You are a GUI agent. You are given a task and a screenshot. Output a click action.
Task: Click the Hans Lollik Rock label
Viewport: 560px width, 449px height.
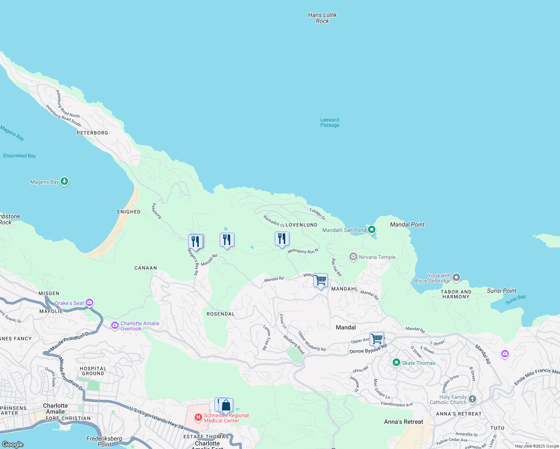point(322,18)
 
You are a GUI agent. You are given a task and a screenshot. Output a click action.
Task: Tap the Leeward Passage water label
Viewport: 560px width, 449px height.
point(329,122)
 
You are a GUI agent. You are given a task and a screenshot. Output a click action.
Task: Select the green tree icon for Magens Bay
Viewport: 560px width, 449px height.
point(64,181)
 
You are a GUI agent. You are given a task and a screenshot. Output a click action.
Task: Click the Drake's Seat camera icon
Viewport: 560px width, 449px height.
point(89,303)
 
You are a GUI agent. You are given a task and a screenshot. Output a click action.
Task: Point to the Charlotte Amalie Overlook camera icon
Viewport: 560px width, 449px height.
point(115,326)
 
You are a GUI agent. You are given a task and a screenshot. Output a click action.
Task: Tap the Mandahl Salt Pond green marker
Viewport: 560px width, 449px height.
point(372,230)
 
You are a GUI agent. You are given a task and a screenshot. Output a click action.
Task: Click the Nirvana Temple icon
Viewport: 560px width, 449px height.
point(353,257)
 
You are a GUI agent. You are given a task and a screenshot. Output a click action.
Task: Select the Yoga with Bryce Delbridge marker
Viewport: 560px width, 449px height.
point(456,278)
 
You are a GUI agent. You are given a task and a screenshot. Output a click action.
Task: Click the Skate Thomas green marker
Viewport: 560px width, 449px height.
point(396,363)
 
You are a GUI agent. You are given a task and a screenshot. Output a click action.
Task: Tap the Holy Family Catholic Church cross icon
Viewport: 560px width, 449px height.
point(472,399)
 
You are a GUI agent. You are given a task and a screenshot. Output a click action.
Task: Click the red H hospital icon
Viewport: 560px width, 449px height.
point(198,417)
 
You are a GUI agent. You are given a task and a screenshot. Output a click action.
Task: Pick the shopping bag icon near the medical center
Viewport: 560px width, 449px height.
point(226,405)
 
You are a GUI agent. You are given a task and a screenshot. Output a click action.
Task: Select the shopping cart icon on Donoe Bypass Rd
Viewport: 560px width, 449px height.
point(377,339)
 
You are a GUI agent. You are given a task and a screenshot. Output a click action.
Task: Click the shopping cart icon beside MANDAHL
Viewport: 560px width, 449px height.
point(321,280)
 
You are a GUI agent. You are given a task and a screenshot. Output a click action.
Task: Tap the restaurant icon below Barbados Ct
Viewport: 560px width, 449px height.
point(282,239)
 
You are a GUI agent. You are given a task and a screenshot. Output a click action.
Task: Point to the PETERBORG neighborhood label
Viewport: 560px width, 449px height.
point(92,133)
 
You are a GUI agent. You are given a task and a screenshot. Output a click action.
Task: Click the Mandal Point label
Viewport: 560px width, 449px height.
point(407,224)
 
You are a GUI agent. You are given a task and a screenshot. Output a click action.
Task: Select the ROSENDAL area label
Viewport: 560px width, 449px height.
point(220,314)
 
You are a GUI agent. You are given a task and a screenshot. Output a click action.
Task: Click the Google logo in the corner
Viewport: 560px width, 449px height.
point(13,444)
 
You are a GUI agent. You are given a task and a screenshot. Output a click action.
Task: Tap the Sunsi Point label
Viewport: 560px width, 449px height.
point(502,291)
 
